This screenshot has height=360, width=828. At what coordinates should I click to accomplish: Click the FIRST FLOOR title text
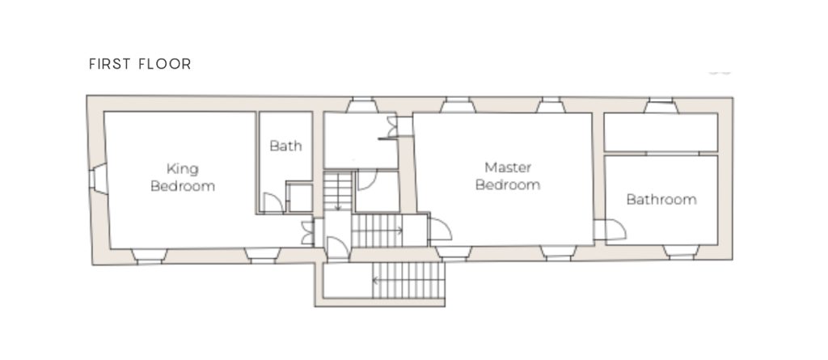tap(140, 64)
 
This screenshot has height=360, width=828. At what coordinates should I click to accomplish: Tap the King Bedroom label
tap(183, 178)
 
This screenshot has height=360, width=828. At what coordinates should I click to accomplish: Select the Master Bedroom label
tap(508, 176)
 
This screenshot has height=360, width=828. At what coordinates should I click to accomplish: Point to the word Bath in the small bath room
tap(285, 146)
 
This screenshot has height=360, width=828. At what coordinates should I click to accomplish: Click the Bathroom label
tap(661, 199)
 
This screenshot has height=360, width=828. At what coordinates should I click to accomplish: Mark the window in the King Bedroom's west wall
tap(98, 179)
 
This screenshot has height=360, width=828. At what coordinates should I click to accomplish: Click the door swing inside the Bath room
tap(273, 202)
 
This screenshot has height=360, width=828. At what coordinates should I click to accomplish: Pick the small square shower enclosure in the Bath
tap(299, 197)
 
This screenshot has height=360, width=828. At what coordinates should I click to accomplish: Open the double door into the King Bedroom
tap(307, 233)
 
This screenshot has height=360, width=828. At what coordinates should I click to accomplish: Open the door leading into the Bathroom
tap(615, 230)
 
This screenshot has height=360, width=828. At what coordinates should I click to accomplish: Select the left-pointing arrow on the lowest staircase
tap(379, 280)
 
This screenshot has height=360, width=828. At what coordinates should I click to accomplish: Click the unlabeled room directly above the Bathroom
tap(661, 132)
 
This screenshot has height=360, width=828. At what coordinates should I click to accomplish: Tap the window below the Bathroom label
tap(681, 252)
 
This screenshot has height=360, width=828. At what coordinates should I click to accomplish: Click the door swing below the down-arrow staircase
tap(338, 248)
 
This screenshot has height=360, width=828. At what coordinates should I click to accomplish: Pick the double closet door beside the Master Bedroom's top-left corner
tap(391, 127)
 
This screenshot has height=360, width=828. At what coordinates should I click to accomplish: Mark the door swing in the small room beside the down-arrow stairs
tap(367, 180)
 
